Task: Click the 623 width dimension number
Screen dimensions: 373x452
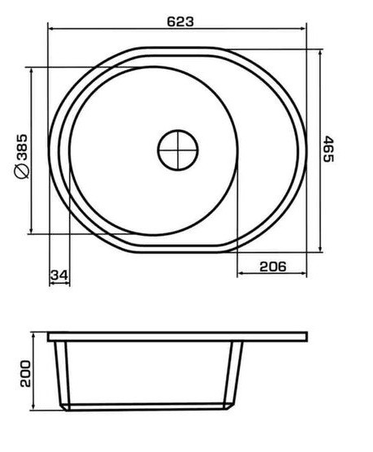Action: [180, 22]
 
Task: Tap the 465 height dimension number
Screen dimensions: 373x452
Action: [328, 149]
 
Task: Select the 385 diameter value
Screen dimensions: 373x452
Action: [22, 147]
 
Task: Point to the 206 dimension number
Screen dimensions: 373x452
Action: [273, 267]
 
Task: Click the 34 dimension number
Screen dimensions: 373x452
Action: [59, 276]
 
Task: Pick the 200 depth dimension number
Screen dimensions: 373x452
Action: [25, 373]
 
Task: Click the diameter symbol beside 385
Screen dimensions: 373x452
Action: [22, 171]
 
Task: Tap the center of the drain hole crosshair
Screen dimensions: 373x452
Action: [178, 150]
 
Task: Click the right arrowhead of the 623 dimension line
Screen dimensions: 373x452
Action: [302, 28]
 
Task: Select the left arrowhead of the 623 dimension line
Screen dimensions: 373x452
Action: [51, 28]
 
